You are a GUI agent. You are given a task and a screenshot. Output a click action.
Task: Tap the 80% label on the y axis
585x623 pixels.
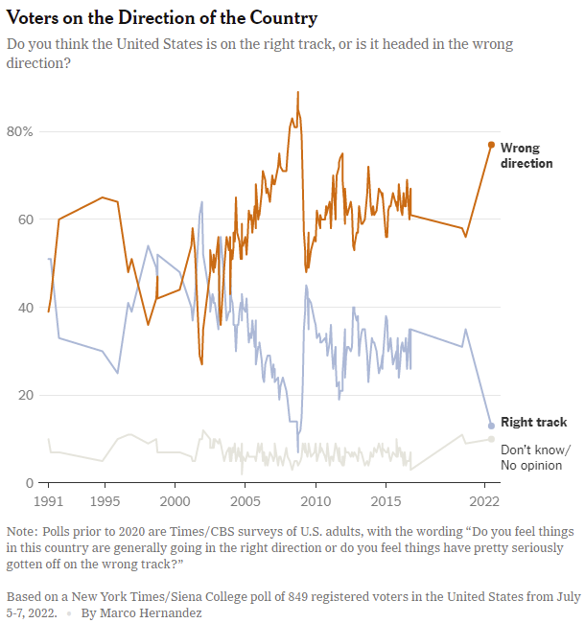(x=20, y=131)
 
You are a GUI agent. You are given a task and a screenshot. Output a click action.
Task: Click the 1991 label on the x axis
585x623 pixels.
(x=49, y=501)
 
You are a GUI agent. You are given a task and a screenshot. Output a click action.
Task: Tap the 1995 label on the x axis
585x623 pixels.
(x=104, y=501)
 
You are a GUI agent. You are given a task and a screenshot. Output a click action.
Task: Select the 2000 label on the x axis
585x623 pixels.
(x=175, y=501)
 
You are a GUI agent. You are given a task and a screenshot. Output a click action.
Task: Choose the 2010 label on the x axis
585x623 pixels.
(x=315, y=501)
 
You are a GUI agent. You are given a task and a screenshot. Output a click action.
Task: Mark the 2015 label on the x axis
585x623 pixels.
(x=386, y=501)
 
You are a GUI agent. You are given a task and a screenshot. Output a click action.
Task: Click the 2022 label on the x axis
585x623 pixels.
(x=484, y=501)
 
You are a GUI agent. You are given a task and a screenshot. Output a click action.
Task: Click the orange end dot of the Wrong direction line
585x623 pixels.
(x=491, y=145)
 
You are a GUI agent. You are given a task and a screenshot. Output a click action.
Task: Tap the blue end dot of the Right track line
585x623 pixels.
(x=491, y=426)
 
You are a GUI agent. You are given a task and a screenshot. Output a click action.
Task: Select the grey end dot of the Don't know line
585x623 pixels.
(x=491, y=439)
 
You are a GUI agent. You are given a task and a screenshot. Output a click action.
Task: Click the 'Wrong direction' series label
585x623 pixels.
(x=526, y=155)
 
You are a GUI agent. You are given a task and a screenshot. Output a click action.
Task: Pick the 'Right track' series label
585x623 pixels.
(x=534, y=422)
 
